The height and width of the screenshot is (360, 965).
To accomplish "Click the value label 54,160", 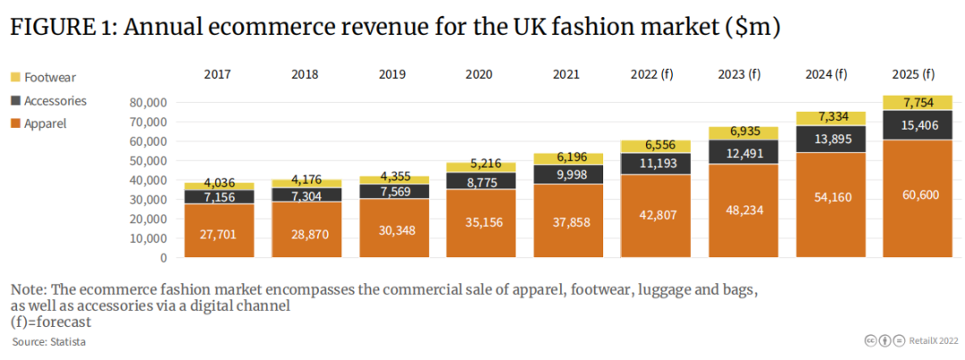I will click(x=829, y=196).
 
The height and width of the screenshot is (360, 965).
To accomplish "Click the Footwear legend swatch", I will click(x=15, y=79).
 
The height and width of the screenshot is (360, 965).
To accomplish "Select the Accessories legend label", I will click(x=55, y=101).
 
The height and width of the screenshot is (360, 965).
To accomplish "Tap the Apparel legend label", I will click(x=45, y=123).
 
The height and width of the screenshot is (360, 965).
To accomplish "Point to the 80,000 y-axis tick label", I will click(x=147, y=102).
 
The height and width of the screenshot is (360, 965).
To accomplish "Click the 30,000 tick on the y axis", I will click(x=147, y=199).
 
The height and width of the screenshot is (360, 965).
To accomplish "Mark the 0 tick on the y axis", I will click(x=164, y=257).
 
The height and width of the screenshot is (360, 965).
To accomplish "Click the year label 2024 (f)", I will click(x=827, y=74).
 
